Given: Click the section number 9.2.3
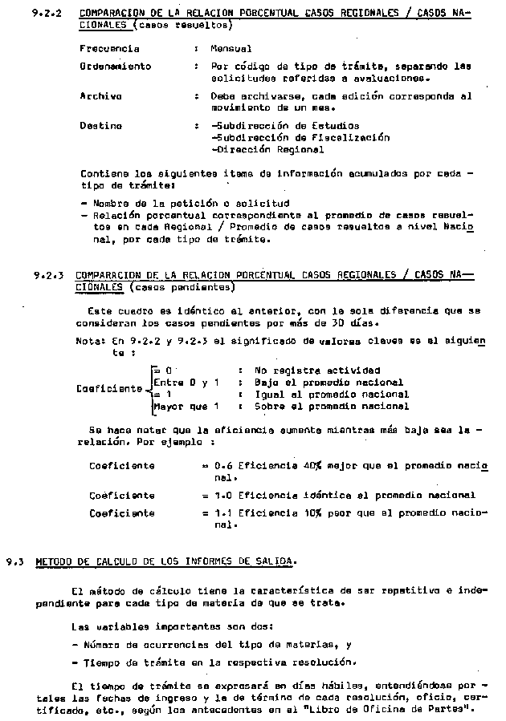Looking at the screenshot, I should point(44,275).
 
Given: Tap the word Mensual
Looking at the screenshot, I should point(231,49).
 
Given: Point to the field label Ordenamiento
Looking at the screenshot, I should point(115,67).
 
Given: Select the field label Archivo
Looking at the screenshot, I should point(100,96).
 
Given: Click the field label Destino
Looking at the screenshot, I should point(100,126).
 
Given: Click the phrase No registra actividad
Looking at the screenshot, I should point(316,371).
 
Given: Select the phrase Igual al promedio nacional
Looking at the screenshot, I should point(331,395).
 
